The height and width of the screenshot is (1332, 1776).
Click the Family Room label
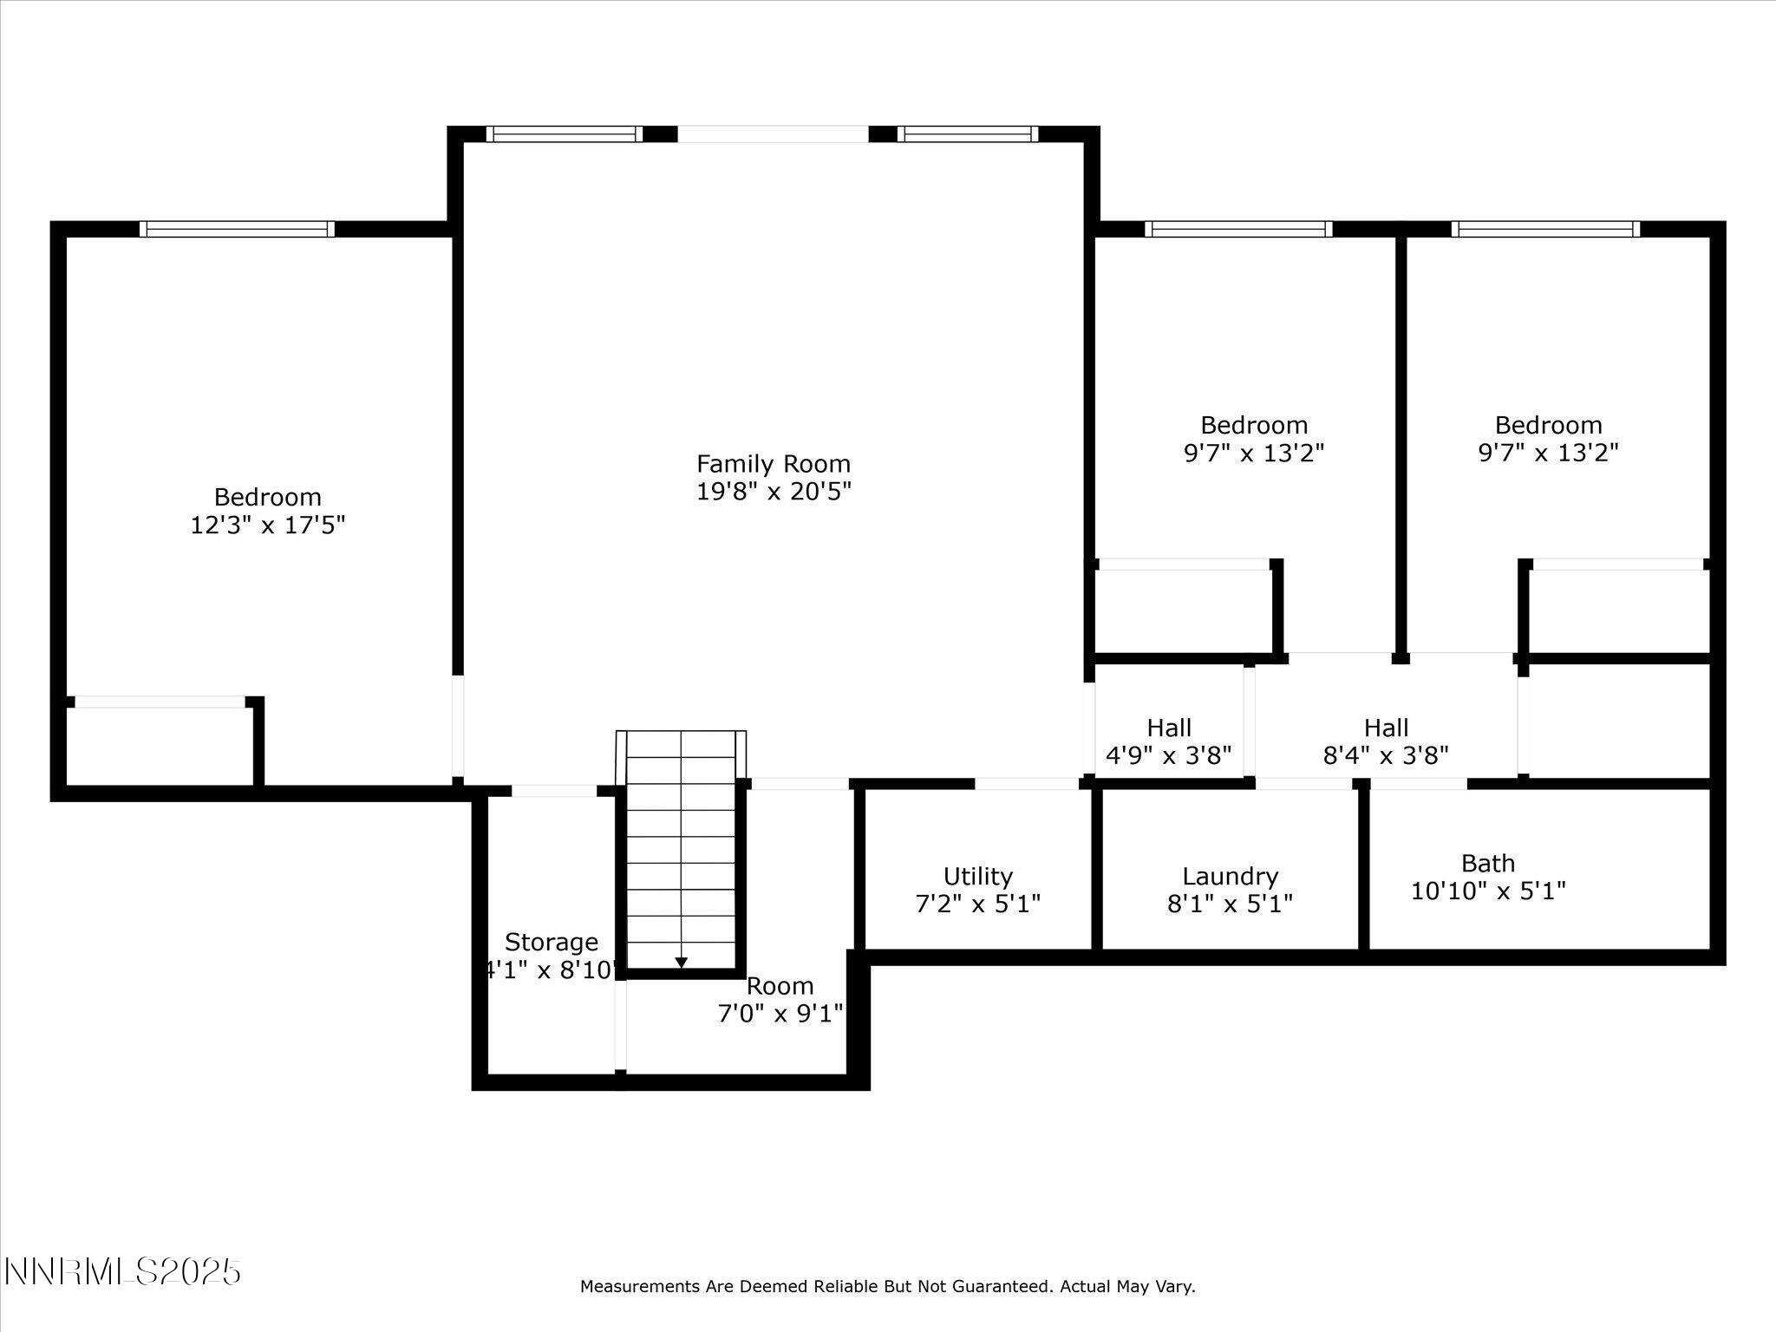click(773, 464)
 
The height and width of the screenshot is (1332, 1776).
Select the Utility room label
click(977, 876)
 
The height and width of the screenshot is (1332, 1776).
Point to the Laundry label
click(1230, 876)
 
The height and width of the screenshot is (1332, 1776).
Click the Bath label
click(1488, 863)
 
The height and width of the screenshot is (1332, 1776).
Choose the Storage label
click(552, 942)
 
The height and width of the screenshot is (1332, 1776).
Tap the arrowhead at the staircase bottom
click(681, 963)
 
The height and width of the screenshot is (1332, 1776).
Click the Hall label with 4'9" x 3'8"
click(1168, 728)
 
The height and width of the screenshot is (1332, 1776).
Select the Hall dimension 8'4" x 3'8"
click(1386, 755)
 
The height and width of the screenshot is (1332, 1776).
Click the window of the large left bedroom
click(237, 229)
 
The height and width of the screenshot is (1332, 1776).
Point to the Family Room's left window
click(565, 134)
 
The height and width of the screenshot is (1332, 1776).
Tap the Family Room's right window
click(967, 134)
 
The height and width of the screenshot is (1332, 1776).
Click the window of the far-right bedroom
click(1545, 229)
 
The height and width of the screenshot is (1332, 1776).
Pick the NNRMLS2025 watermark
click(122, 1272)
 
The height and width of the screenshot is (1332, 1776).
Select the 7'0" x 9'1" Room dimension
click(780, 1014)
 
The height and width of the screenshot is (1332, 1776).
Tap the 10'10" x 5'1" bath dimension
click(1488, 891)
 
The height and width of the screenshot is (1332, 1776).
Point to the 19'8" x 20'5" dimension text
click(773, 492)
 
